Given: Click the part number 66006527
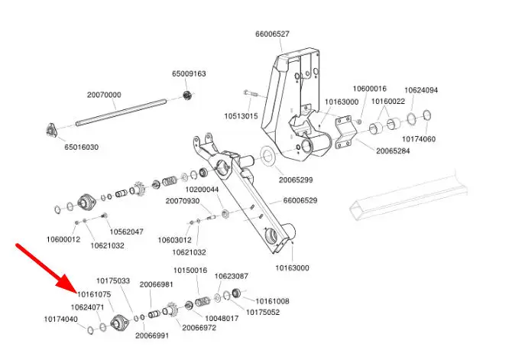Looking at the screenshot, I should [x=272, y=34].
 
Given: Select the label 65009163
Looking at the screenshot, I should [x=188, y=74].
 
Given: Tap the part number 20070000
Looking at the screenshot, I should [x=104, y=96].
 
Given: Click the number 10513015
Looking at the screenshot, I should [x=241, y=116].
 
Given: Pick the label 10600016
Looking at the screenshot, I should [x=369, y=89].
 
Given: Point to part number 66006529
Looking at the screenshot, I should [x=300, y=200].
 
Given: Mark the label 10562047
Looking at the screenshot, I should [x=126, y=231].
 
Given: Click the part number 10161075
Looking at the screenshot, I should [x=92, y=294].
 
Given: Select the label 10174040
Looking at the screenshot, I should [x=61, y=319].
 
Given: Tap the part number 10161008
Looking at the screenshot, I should [x=272, y=301].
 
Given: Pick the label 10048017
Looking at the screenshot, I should [x=222, y=317].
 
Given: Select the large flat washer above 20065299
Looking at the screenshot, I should [x=268, y=158].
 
